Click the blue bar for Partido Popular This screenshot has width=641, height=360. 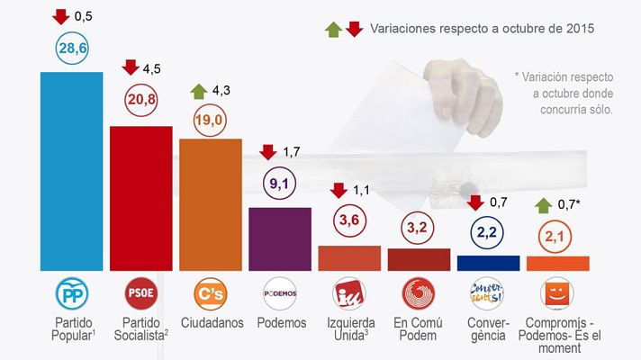72,171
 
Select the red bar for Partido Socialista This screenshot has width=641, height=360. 140,198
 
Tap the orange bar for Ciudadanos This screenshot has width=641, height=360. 211,205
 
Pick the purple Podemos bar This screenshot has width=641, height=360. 279,238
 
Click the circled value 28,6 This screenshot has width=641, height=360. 71,50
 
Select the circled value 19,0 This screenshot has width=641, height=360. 210,119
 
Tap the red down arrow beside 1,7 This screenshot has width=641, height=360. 268,150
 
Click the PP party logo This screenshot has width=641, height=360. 71,294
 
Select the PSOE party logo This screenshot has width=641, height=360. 140,294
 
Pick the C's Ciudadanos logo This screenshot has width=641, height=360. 210,294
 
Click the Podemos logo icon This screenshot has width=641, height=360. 279,294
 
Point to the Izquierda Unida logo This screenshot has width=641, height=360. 348,294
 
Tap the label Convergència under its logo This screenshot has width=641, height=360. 488,329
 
